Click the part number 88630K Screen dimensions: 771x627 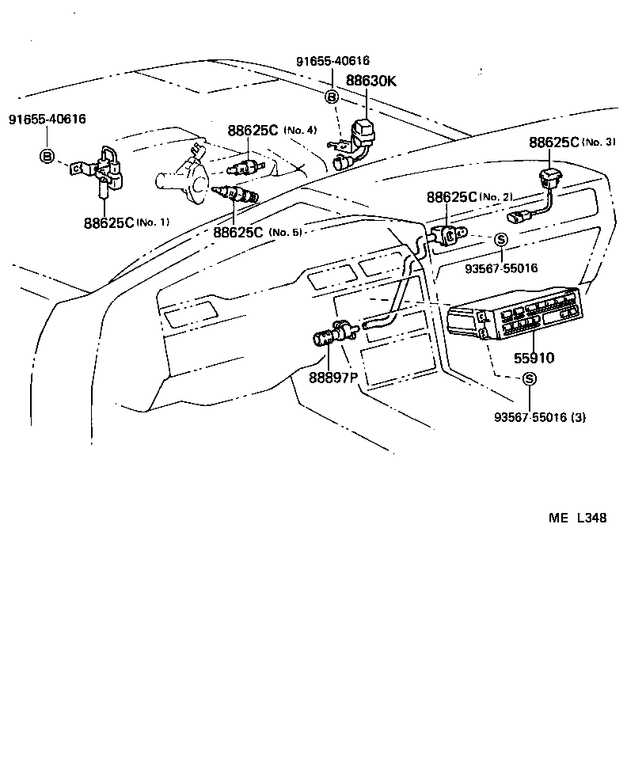(x=370, y=80)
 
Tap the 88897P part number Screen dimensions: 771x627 (x=333, y=377)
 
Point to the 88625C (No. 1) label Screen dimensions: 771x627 (x=127, y=222)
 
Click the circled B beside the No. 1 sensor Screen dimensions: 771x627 (x=47, y=157)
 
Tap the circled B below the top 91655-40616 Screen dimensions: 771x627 (x=332, y=97)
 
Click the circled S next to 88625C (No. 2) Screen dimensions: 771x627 (x=500, y=239)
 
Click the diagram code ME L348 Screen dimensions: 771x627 (x=578, y=518)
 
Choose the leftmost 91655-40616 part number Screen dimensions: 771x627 (x=47, y=119)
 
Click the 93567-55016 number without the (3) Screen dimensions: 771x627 (x=501, y=268)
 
